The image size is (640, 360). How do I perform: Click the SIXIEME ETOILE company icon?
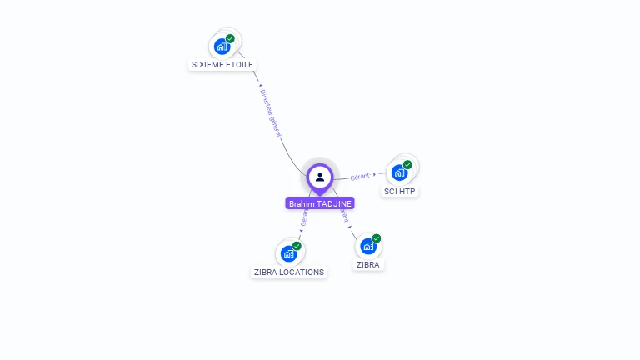pos(222,47)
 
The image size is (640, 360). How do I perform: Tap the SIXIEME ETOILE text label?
pos(222,64)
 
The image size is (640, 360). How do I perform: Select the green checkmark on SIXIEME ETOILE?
pos(231,38)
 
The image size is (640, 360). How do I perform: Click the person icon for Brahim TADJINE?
pos(320,177)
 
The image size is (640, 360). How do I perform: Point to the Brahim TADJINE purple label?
pos(321,203)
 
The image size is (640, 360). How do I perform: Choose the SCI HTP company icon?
pos(399,172)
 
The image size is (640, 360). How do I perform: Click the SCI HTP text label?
pos(399,192)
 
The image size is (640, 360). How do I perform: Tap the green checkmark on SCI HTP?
pos(408,164)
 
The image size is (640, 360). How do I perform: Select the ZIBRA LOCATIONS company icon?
pos(288,253)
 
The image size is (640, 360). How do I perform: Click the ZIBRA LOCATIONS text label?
pos(289,272)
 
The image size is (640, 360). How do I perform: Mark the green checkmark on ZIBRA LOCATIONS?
pos(297,245)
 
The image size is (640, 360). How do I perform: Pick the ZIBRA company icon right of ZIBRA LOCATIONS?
pos(368,246)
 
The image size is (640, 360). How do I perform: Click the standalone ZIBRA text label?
pos(368,265)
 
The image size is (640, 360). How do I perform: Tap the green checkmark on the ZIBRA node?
pos(377,238)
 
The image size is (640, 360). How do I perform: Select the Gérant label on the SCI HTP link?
pos(359,177)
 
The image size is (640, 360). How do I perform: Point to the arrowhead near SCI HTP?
pos(374,175)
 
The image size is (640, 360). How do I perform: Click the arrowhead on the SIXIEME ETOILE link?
pos(260,85)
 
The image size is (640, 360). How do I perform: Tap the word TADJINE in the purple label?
pos(335,203)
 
